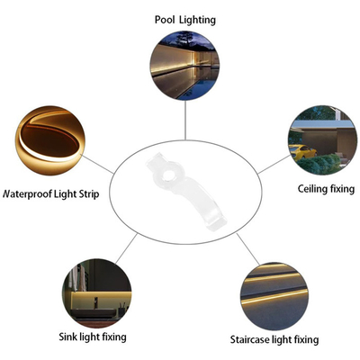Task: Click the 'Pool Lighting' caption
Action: pyautogui.click(x=185, y=20)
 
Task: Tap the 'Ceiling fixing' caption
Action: pyautogui.click(x=326, y=189)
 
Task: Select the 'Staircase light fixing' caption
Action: pyautogui.click(x=274, y=339)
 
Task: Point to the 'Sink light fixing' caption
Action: pyautogui.click(x=93, y=337)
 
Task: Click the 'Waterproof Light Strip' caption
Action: pyautogui.click(x=50, y=193)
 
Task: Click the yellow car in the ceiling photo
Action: pyautogui.click(x=301, y=152)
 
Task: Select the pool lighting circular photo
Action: pyautogui.click(x=184, y=66)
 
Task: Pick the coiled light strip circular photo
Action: pyautogui.click(x=50, y=140)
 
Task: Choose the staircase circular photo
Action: pyautogui.click(x=274, y=296)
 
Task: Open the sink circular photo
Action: pyautogui.click(x=97, y=293)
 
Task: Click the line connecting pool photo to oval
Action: pyautogui.click(x=185, y=120)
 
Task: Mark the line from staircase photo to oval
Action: pyautogui.click(x=247, y=249)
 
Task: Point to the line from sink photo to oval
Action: pyautogui.click(x=126, y=248)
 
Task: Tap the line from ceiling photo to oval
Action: pyautogui.click(x=274, y=164)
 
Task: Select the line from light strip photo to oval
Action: pyautogui.click(x=98, y=164)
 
